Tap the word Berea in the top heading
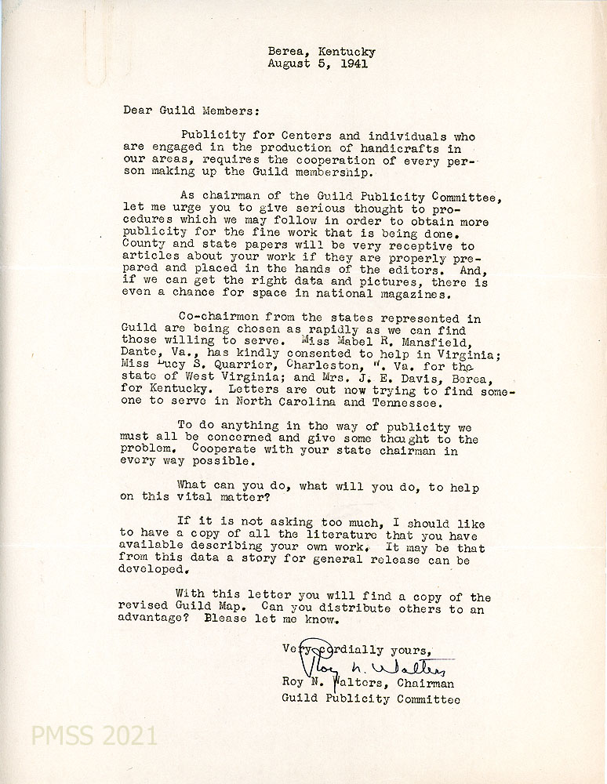tap(284, 52)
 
